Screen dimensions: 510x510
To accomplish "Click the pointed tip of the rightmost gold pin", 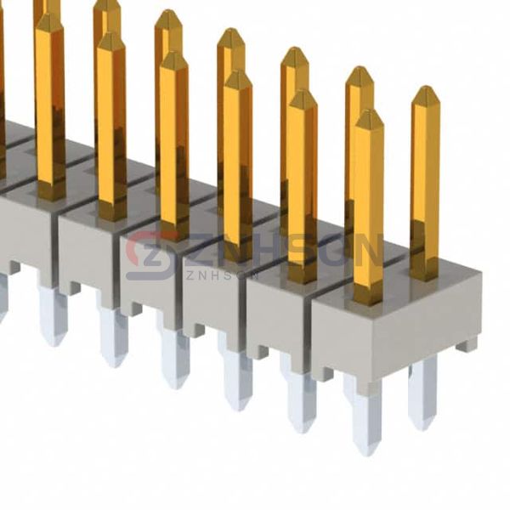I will click(x=425, y=91).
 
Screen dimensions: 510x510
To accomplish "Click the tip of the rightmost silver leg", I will click(x=422, y=422).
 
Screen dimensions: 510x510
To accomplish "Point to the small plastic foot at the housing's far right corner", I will click(x=465, y=345).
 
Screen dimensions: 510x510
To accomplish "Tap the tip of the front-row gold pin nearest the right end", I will click(x=369, y=115).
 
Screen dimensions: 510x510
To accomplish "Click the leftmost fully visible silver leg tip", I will click(x=53, y=336).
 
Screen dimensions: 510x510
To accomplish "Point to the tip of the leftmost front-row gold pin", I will click(x=49, y=19).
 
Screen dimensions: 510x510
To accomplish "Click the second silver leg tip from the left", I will click(x=114, y=357).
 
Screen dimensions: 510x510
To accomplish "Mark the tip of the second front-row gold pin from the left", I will click(x=111, y=38).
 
